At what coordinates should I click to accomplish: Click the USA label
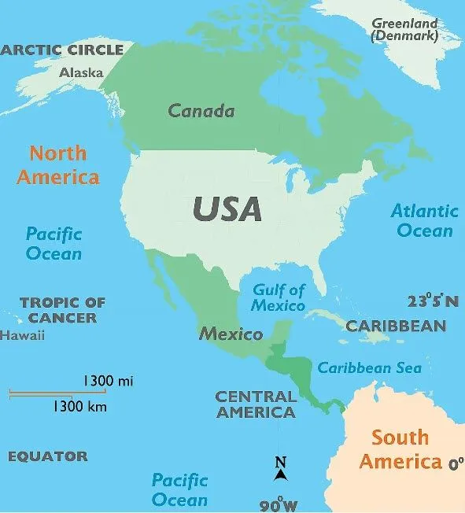227,209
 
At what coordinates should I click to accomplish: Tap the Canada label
201,111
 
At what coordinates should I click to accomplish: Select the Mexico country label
231,334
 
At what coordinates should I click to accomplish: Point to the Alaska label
82,72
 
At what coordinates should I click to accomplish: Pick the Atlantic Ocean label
424,220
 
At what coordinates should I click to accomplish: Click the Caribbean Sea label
369,367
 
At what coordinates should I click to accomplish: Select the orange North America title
58,164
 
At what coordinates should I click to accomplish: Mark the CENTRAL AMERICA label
256,404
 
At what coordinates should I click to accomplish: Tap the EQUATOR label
48,456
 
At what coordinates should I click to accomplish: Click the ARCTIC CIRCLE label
62,50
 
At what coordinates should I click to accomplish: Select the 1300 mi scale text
108,381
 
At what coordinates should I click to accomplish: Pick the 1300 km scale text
80,407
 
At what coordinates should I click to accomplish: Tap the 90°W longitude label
279,504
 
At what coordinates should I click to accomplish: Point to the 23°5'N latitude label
432,301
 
